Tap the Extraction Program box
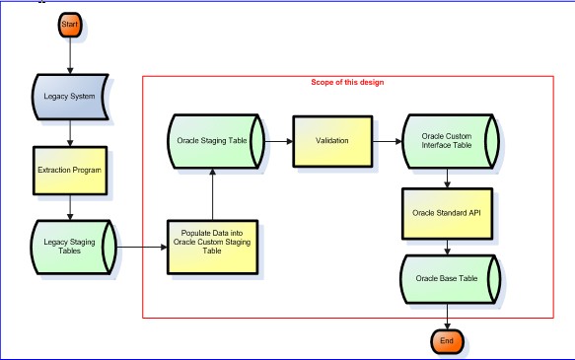click(x=70, y=169)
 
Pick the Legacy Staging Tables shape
click(x=70, y=242)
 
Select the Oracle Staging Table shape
click(x=212, y=141)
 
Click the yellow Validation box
click(x=331, y=141)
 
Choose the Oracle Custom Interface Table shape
click(x=449, y=141)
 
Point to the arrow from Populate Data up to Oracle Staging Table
click(x=212, y=192)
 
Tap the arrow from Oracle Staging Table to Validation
click(x=275, y=141)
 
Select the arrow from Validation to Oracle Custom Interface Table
click(x=387, y=141)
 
